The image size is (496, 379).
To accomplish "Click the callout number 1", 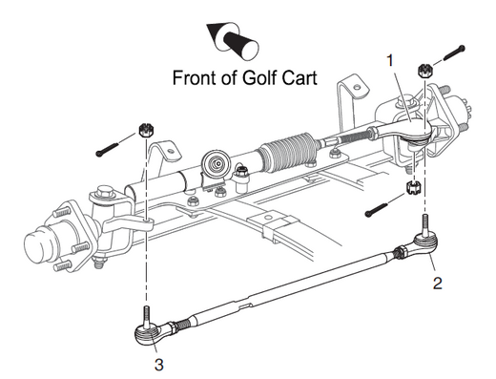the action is point(390,60).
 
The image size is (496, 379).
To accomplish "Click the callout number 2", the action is point(438,283).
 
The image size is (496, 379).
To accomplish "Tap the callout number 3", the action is point(159,365).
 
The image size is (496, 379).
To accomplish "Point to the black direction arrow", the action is point(232,40).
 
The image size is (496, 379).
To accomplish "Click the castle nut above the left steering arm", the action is point(147,130).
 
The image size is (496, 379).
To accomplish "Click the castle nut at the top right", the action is point(424,71).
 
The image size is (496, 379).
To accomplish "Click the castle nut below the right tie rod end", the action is point(414,187).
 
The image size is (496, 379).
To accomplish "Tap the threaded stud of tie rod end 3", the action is point(146,316).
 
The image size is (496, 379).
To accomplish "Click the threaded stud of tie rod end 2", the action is point(425,225).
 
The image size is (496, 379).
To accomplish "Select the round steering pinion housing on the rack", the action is point(217,163).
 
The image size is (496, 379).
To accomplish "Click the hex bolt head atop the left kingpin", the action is point(105,193).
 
